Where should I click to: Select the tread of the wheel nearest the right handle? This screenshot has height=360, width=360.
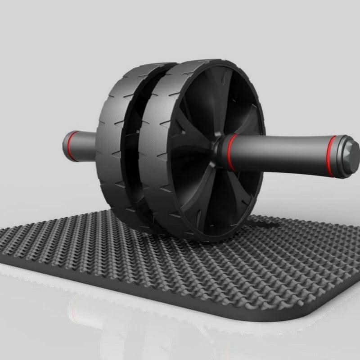[x=155, y=148]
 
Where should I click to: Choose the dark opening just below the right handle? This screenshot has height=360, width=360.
[x=238, y=189]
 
